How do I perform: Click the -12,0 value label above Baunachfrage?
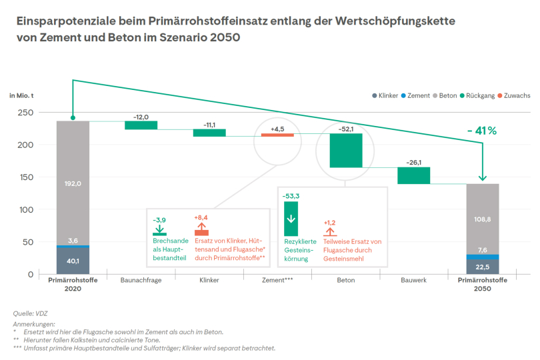click(141, 117)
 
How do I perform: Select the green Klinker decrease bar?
click(209, 133)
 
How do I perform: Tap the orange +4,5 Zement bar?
click(277, 135)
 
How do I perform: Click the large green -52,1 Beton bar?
click(345, 150)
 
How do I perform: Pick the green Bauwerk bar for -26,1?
click(413, 175)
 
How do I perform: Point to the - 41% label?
click(482, 131)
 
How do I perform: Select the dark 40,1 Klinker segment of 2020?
click(73, 261)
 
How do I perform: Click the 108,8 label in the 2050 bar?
click(482, 218)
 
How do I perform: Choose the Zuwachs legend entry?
click(513, 96)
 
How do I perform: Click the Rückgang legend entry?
click(477, 96)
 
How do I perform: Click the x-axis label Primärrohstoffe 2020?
click(73, 285)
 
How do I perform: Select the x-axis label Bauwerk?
click(413, 281)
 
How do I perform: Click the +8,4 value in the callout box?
click(201, 217)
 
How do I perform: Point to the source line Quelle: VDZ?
click(31, 313)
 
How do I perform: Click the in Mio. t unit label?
click(22, 96)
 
